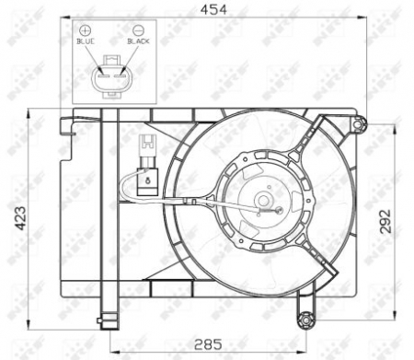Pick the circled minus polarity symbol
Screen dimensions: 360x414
(139, 29)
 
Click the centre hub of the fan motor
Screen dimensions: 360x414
(263, 198)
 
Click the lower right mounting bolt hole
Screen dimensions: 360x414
(305, 319)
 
